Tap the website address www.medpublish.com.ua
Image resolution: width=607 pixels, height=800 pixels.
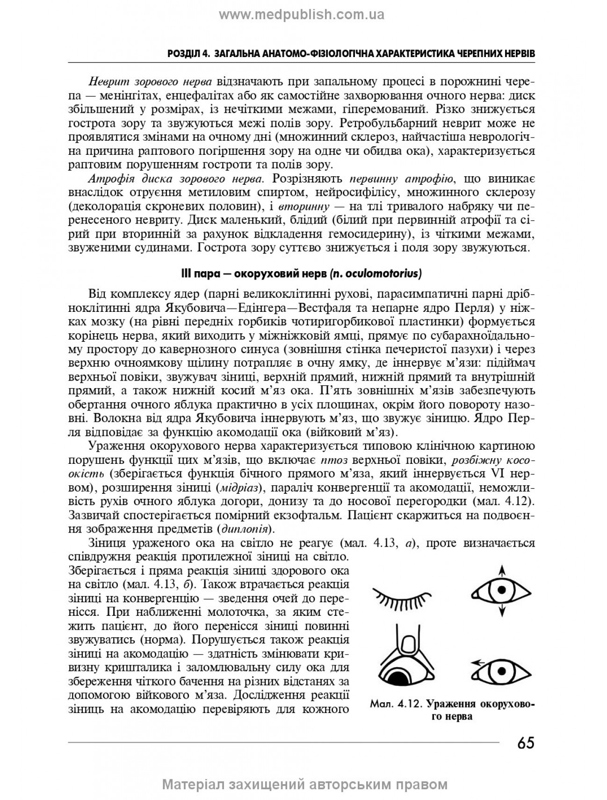pyautogui.click(x=302, y=15)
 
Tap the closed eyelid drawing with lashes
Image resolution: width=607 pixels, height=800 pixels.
pyautogui.click(x=401, y=598)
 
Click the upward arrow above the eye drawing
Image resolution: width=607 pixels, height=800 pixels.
pyautogui.click(x=501, y=570)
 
